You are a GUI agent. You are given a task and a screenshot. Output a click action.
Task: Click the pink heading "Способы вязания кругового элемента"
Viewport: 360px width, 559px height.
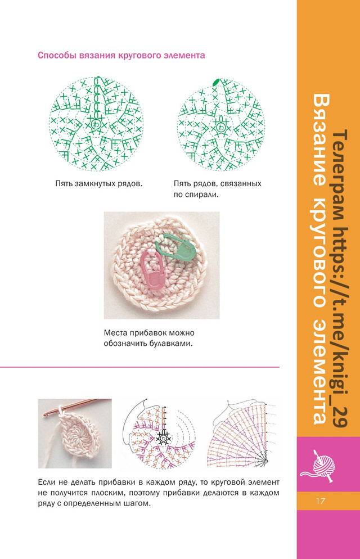(121, 56)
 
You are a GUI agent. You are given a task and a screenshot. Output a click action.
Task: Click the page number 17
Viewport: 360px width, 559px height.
(321, 501)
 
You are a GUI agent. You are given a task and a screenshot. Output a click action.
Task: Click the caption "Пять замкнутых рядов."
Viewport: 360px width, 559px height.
(99, 183)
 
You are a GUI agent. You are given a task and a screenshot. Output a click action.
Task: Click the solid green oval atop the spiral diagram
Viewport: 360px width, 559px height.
(216, 82)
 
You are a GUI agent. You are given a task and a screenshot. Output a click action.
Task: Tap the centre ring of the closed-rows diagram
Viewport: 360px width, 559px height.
(96, 124)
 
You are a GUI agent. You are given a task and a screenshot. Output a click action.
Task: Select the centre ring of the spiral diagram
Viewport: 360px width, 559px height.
(221, 127)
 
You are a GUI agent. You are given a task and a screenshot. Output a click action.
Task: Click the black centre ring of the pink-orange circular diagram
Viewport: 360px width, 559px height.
(163, 437)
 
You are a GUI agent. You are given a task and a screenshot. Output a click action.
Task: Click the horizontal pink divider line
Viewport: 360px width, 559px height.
(139, 367)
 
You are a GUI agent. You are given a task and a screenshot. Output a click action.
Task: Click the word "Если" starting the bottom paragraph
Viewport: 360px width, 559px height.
(46, 483)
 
